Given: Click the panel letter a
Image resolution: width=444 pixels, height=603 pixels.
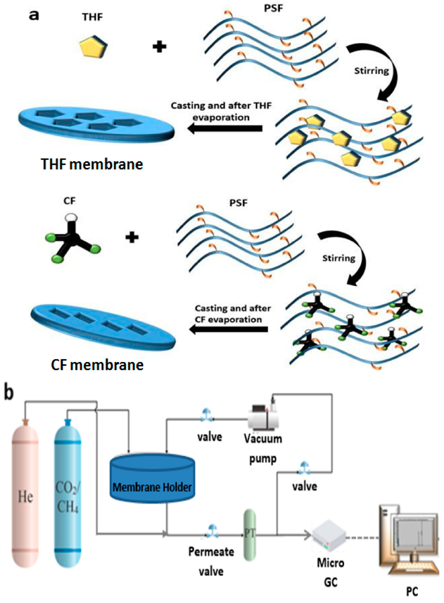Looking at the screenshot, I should coord(34,16).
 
